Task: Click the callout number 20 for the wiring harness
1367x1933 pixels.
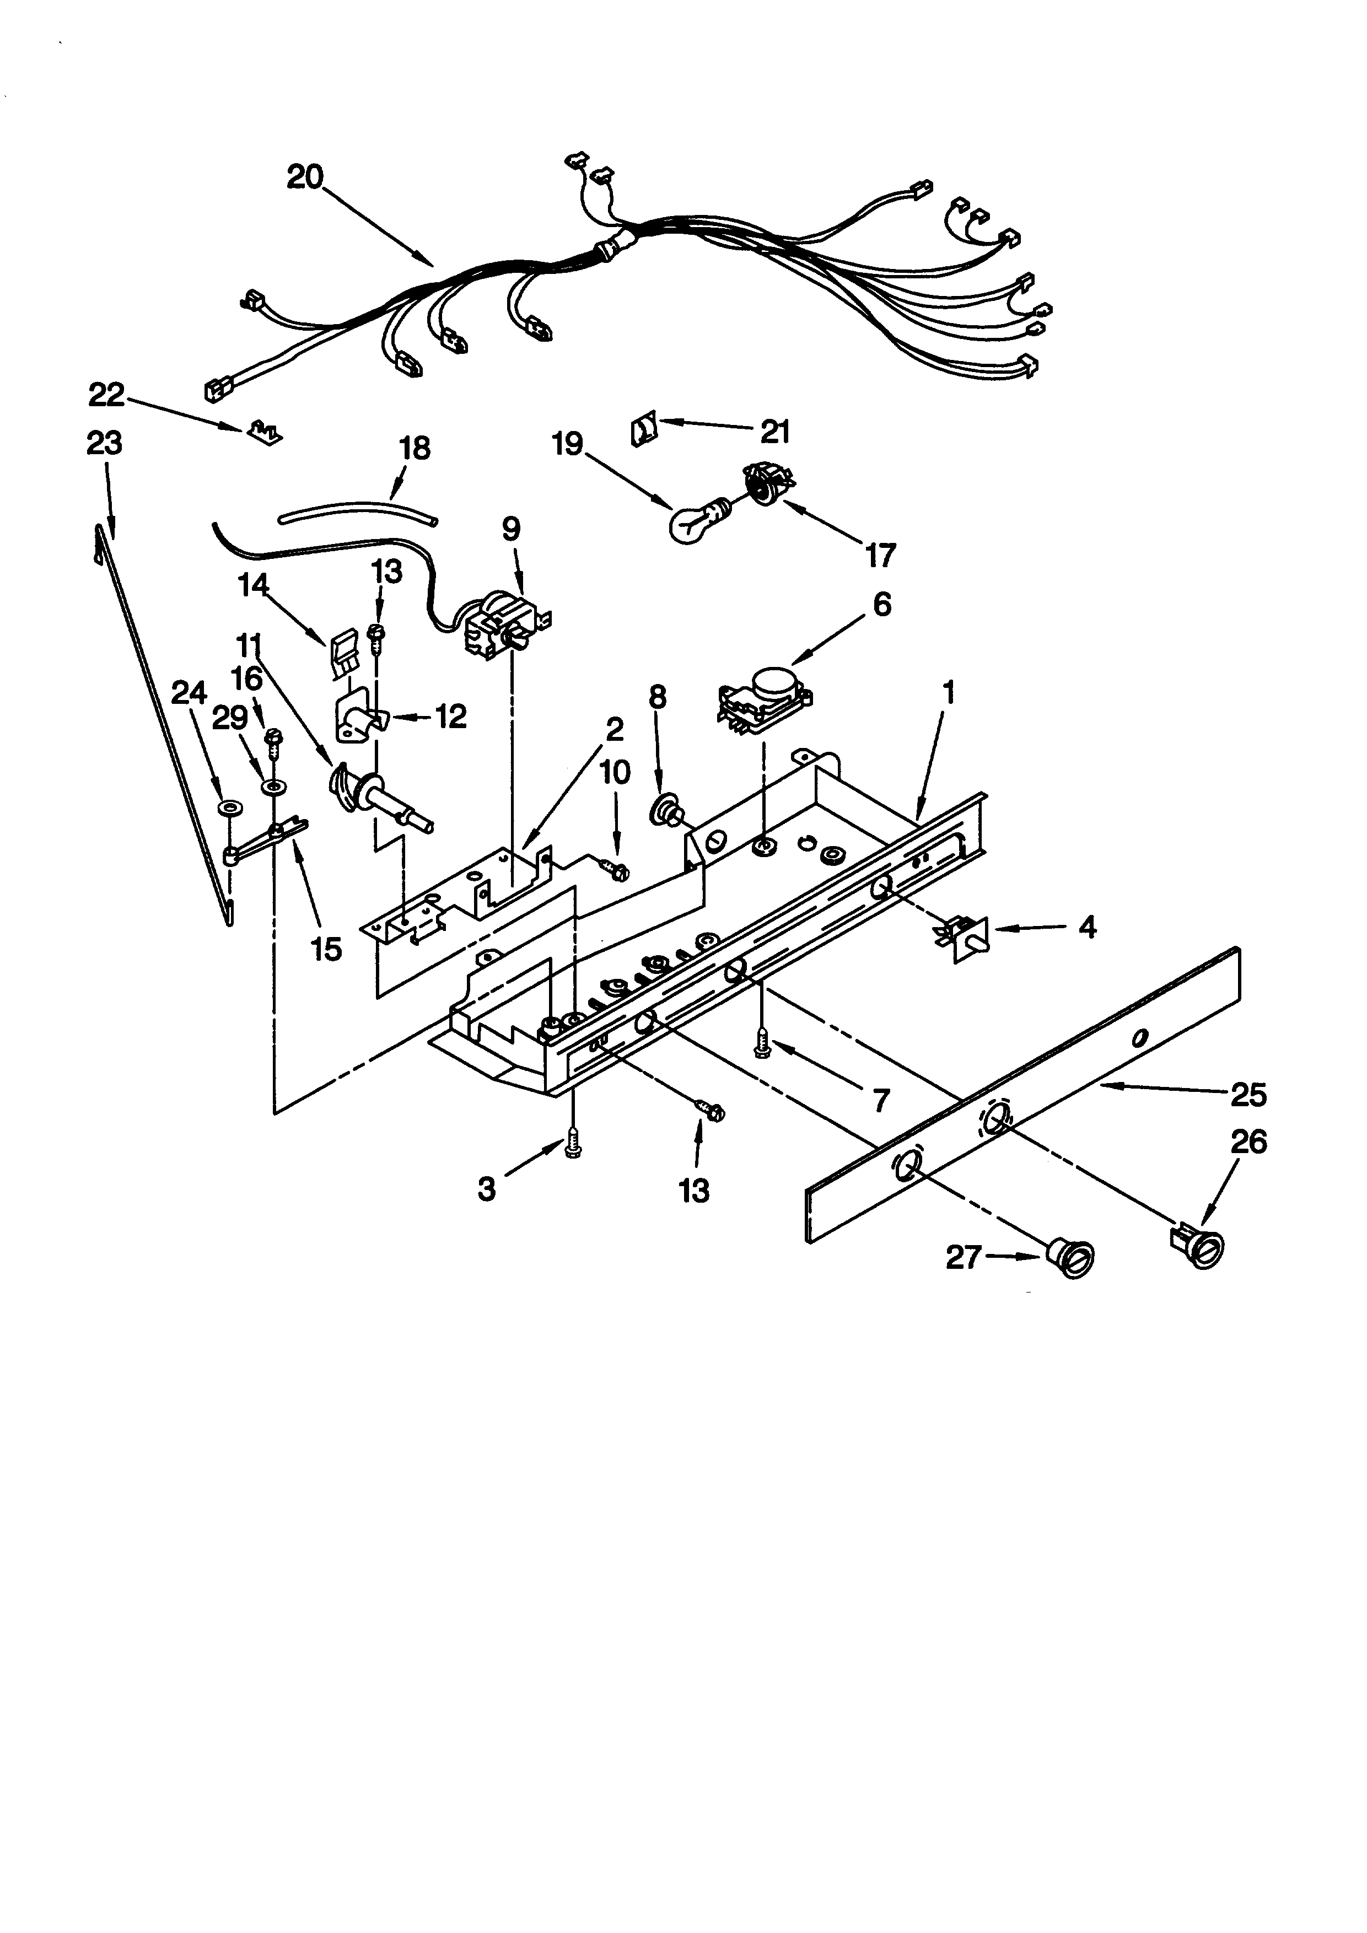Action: click(305, 177)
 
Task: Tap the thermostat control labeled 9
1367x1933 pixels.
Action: click(503, 624)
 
